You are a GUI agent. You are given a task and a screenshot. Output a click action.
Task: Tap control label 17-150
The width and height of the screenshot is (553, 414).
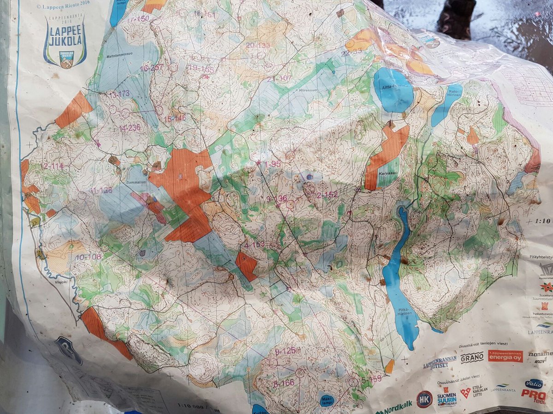point(139,19)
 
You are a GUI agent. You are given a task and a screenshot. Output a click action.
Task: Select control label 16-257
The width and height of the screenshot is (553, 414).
point(151,68)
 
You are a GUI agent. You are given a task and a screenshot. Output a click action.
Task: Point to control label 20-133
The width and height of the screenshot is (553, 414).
point(258,45)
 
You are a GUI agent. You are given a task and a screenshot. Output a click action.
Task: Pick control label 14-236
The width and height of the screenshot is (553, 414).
point(129,128)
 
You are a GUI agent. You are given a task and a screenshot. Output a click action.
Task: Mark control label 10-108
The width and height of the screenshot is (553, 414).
point(88,257)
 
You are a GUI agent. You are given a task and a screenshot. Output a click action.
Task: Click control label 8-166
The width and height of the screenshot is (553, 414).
point(283,383)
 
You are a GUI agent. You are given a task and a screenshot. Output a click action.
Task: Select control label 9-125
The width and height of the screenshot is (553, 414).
point(285,351)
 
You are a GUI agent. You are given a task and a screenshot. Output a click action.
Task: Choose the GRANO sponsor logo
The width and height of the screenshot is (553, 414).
point(472,357)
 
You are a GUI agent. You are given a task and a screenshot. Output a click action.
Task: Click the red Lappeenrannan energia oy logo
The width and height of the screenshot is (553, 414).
point(505,356)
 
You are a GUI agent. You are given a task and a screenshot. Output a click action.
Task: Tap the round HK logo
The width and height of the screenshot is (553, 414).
point(424,398)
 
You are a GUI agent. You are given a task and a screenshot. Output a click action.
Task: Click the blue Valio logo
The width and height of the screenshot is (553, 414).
point(534,384)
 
